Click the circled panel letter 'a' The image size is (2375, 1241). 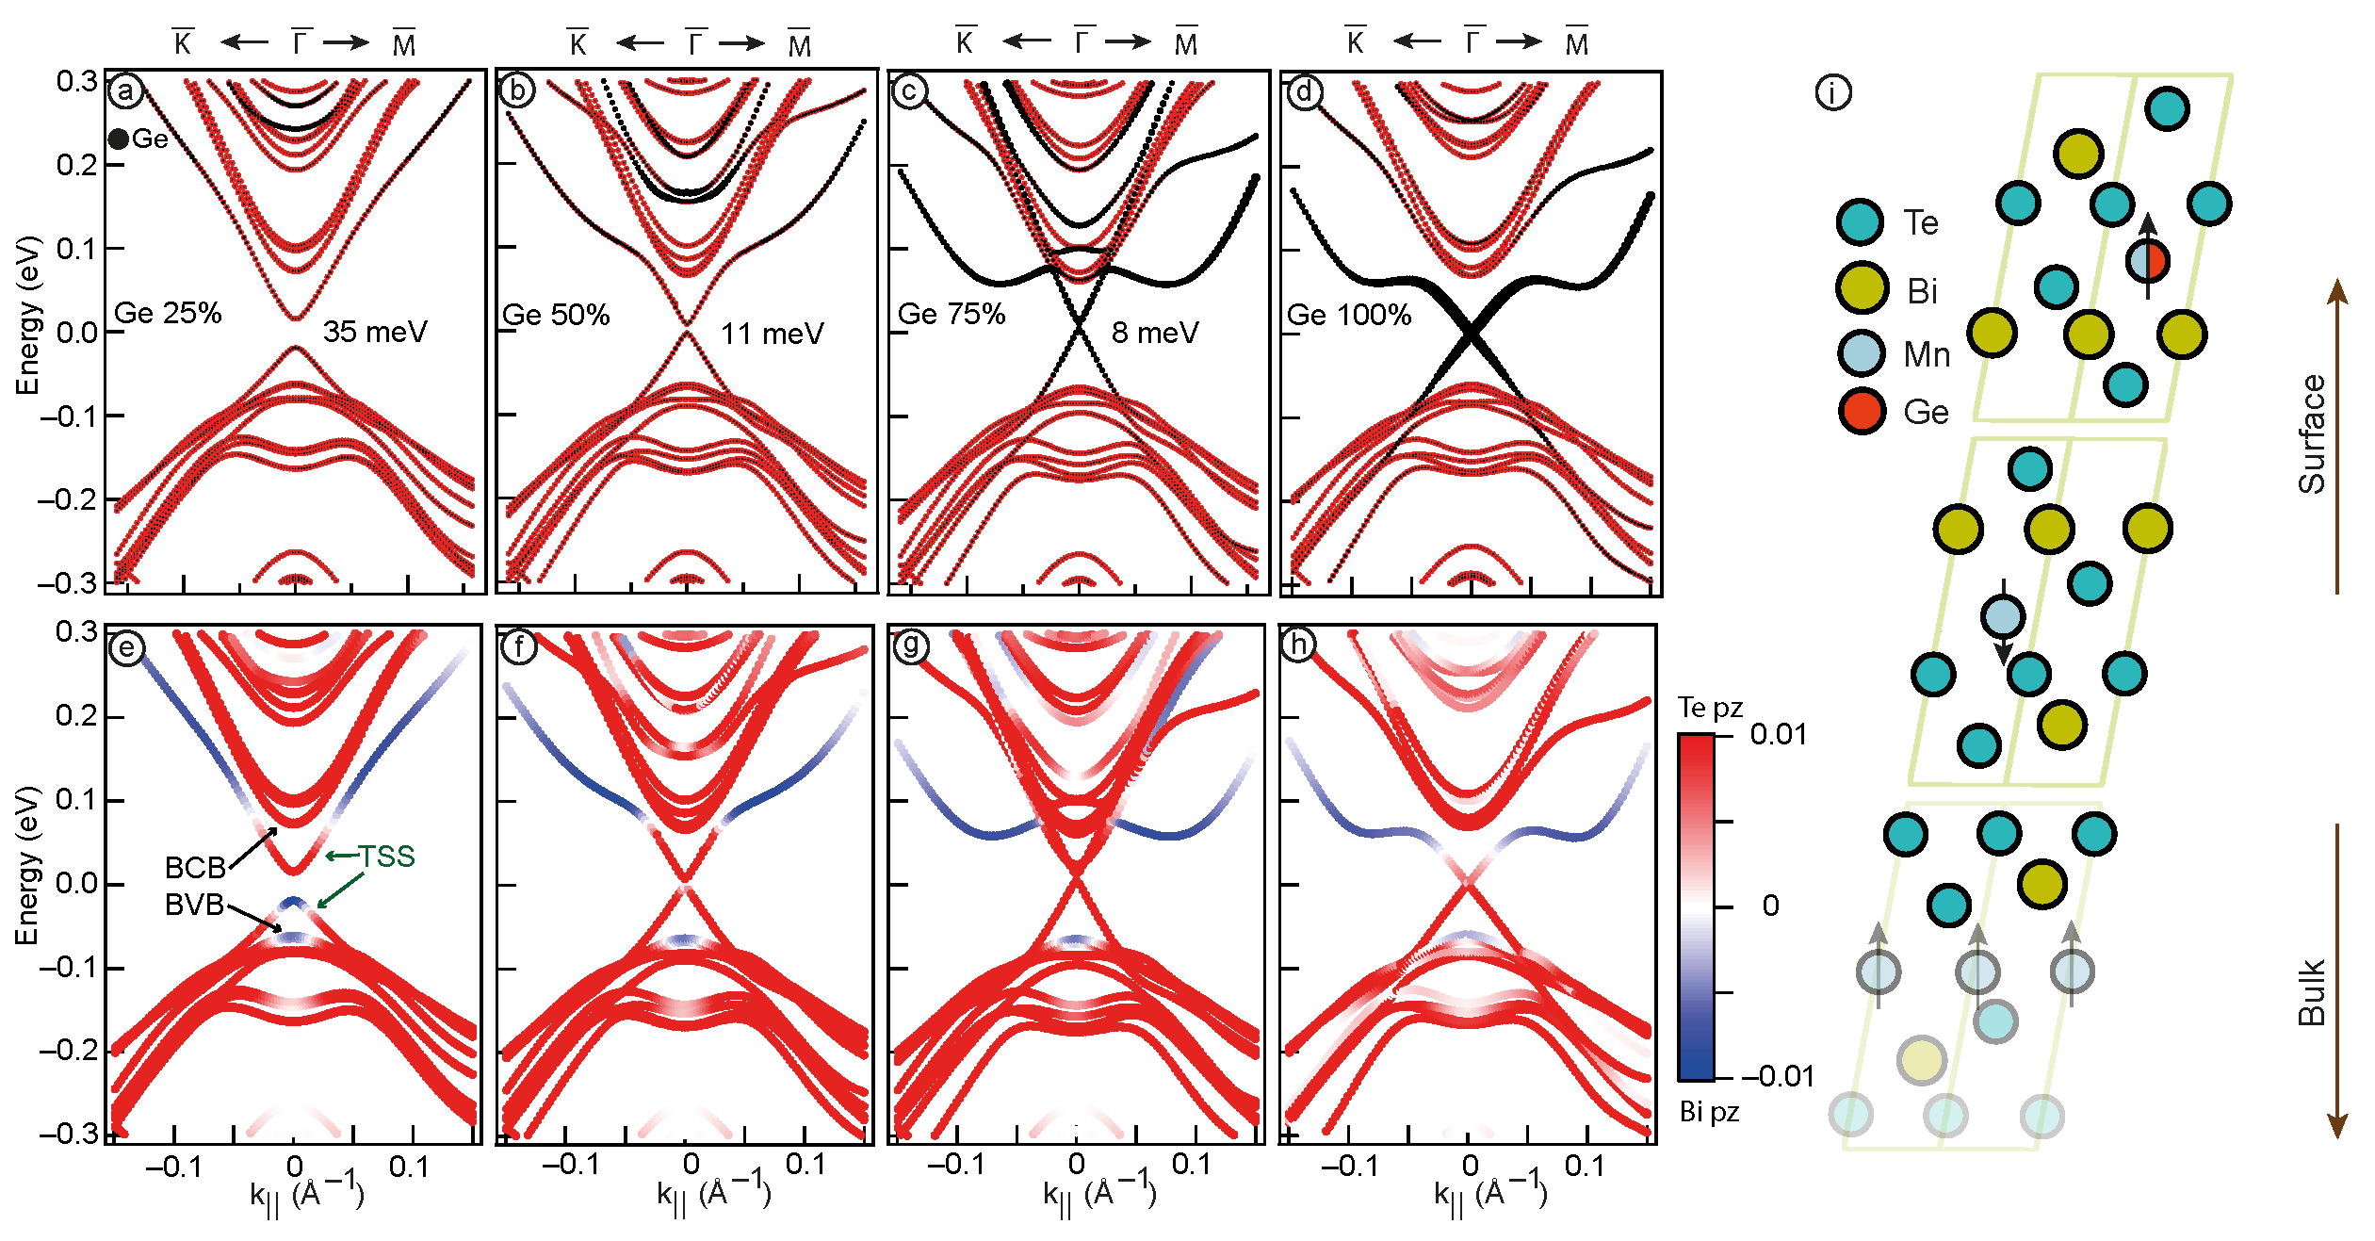(x=125, y=91)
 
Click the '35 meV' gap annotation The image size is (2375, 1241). (x=375, y=332)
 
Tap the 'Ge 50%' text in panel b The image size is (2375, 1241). (x=556, y=315)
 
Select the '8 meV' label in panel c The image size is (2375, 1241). (x=1155, y=333)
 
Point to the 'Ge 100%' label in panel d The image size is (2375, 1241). (x=1349, y=315)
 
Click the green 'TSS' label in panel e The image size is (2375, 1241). (x=385, y=857)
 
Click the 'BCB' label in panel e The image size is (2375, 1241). (x=195, y=868)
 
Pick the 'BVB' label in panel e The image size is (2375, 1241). (x=194, y=906)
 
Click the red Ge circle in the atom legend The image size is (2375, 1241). (x=1862, y=411)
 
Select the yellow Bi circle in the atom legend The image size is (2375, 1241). (x=1862, y=287)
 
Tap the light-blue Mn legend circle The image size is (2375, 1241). (x=1862, y=353)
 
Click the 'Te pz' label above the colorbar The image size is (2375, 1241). (x=1710, y=708)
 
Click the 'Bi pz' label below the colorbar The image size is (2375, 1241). (x=1709, y=1113)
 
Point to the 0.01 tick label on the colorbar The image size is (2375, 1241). (x=1778, y=735)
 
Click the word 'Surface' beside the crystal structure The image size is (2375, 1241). (x=2312, y=433)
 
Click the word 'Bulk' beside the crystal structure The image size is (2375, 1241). (x=2312, y=992)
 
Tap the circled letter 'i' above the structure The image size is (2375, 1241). (x=1832, y=92)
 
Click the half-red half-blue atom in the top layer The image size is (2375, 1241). (x=2147, y=260)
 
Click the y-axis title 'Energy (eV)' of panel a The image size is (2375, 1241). (x=28, y=316)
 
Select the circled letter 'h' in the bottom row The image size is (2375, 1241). (x=1299, y=645)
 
